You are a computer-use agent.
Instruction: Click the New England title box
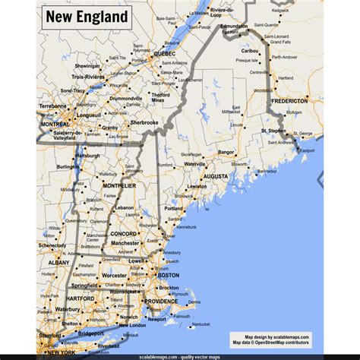86,16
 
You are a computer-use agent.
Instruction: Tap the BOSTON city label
168,275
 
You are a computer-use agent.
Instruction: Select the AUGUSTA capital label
215,175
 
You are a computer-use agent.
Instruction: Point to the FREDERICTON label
291,100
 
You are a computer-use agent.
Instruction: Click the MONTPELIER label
119,185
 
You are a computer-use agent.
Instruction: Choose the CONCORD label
122,234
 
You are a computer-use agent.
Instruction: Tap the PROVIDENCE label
161,302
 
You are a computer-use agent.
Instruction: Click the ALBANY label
58,262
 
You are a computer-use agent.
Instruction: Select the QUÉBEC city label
165,54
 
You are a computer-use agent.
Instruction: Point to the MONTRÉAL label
55,124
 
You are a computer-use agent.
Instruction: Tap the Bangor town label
226,152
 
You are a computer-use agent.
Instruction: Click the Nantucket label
200,324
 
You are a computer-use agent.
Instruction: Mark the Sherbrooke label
144,122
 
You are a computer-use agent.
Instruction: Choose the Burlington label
68,166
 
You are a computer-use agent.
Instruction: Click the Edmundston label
233,26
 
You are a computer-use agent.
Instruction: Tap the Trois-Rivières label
88,77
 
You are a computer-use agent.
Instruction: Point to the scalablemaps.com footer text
178,355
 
